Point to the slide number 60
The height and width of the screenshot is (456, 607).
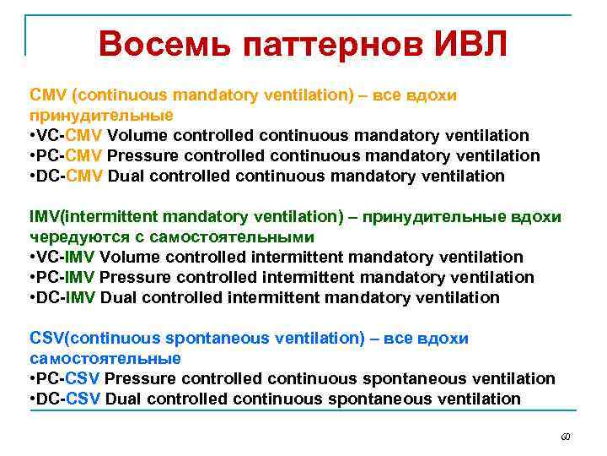click(x=566, y=437)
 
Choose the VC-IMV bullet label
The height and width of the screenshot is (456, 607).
click(x=67, y=258)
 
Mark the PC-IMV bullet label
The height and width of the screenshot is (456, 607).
click(x=67, y=278)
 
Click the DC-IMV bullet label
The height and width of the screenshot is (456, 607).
click(x=67, y=298)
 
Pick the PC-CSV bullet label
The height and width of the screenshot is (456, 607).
click(x=70, y=379)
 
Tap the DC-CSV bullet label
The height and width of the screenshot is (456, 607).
click(x=70, y=399)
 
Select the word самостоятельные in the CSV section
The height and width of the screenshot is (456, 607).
click(x=105, y=359)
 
